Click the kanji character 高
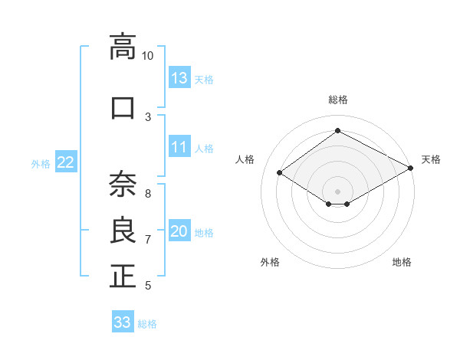point(123,47)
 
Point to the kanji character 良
point(123,231)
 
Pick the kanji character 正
point(123,276)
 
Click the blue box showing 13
point(179,77)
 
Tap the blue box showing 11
point(179,147)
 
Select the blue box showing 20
point(179,232)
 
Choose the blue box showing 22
point(66,162)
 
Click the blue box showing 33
point(123,322)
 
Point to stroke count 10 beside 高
point(148,56)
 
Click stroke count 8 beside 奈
point(148,193)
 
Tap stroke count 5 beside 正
point(148,286)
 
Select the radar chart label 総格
point(338,100)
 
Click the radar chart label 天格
point(431,159)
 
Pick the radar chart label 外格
point(270,262)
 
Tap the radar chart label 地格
point(402,262)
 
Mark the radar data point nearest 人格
point(280,173)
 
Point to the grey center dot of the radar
point(337,191)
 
